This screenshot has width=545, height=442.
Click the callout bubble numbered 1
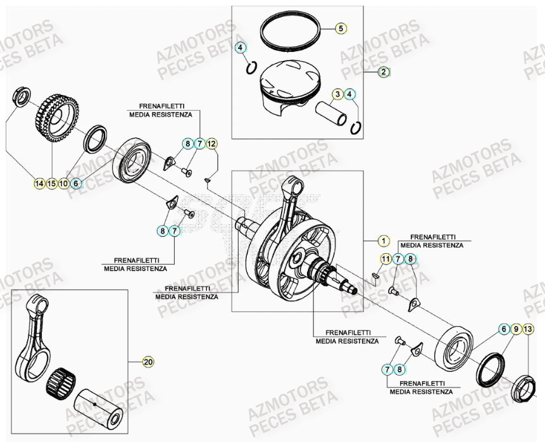click(x=382, y=241)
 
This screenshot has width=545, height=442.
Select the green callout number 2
click(x=384, y=72)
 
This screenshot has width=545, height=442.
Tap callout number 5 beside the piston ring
click(x=340, y=28)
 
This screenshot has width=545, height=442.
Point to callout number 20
click(x=148, y=362)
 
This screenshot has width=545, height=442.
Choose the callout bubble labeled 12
click(x=211, y=144)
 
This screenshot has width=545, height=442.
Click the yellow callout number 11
click(x=385, y=258)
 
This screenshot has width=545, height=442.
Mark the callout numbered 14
click(x=39, y=184)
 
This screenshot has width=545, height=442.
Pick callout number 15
click(x=51, y=184)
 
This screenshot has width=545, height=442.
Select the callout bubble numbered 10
click(x=63, y=184)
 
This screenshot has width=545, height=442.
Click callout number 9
click(x=517, y=329)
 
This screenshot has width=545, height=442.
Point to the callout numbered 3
click(x=338, y=94)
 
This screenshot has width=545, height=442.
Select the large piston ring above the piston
click(x=289, y=32)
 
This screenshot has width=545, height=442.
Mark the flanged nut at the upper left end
click(x=20, y=97)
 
